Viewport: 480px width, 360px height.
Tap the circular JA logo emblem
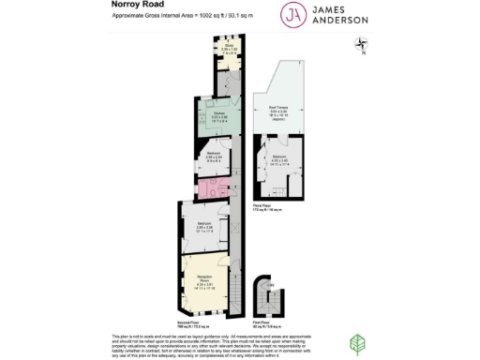click(293, 16)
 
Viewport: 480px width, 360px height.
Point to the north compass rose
click(362, 43)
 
